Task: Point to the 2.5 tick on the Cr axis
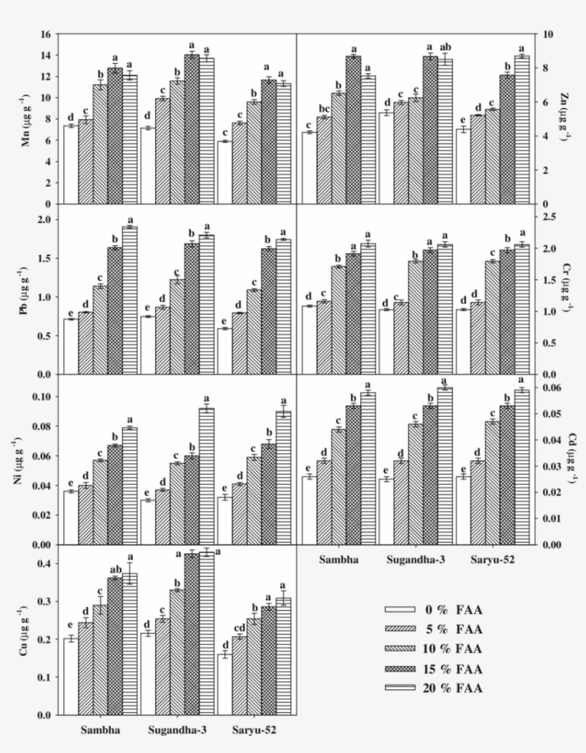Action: [x=551, y=217]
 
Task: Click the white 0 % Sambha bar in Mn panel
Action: [x=71, y=164]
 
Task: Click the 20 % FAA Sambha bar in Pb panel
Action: [x=130, y=300]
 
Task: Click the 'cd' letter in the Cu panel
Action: [x=239, y=628]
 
